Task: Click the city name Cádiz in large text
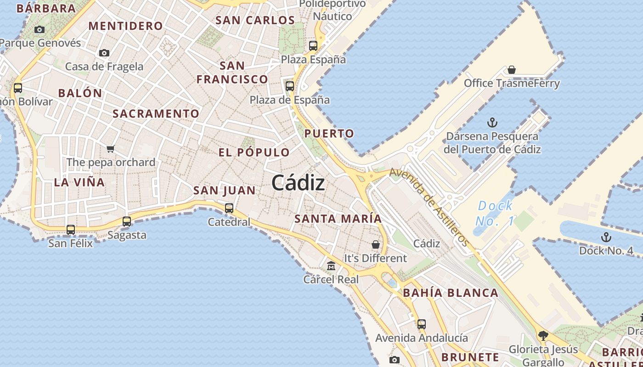(x=298, y=183)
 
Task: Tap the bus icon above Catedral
(x=229, y=208)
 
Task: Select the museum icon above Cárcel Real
(x=331, y=266)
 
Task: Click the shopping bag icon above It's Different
(x=376, y=245)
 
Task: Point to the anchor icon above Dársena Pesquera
(x=492, y=122)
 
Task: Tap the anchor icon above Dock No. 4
(x=606, y=237)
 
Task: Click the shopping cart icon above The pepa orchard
(x=110, y=149)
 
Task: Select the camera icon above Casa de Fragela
(x=104, y=53)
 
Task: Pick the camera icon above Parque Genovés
(x=40, y=30)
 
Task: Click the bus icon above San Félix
(x=71, y=229)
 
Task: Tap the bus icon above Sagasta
(x=127, y=222)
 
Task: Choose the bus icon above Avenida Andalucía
(x=422, y=324)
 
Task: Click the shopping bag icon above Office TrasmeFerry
(x=512, y=70)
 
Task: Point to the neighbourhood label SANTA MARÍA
(x=338, y=219)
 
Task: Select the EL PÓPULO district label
(x=254, y=153)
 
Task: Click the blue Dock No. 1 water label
(x=495, y=213)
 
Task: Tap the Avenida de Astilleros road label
(x=429, y=207)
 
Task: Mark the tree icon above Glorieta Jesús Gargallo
(x=543, y=336)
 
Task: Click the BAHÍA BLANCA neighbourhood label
(x=451, y=293)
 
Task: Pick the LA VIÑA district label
(x=79, y=182)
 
